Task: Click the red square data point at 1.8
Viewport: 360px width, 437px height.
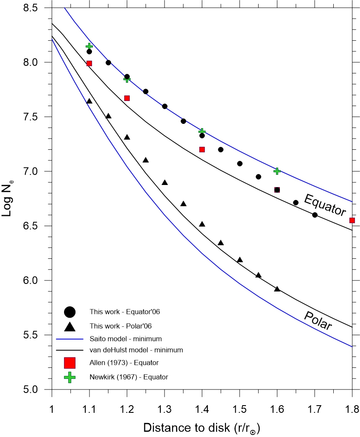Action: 352,220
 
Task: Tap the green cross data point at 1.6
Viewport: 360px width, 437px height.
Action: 277,171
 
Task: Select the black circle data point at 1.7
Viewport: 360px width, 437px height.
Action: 315,215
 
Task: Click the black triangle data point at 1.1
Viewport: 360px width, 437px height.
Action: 89,101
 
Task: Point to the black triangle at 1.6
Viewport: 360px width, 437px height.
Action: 277,289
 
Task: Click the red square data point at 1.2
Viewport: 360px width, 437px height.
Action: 127,98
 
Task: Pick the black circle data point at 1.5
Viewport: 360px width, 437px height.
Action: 240,163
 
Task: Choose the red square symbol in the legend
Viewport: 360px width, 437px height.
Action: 70,363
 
